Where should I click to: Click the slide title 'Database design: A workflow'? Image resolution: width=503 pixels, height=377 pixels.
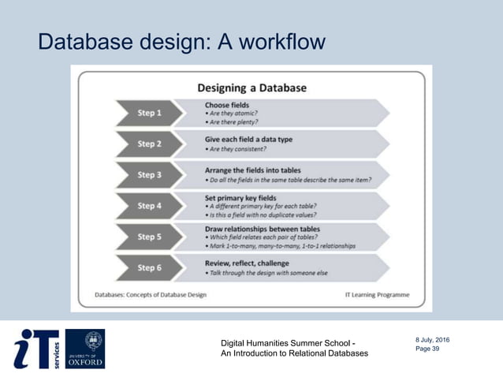pyautogui.click(x=181, y=41)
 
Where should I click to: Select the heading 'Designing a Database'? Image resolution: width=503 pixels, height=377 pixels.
pyautogui.click(x=251, y=88)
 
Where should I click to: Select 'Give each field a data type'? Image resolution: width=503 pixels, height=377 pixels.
pyautogui.click(x=248, y=139)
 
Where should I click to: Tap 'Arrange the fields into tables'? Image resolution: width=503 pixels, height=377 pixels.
pyautogui.click(x=253, y=170)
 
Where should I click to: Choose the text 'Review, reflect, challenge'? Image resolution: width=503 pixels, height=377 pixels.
pyautogui.click(x=247, y=263)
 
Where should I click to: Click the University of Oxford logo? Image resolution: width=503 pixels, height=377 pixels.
pyautogui.click(x=84, y=349)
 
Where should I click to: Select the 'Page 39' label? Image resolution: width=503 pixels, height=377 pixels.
pyautogui.click(x=427, y=349)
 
